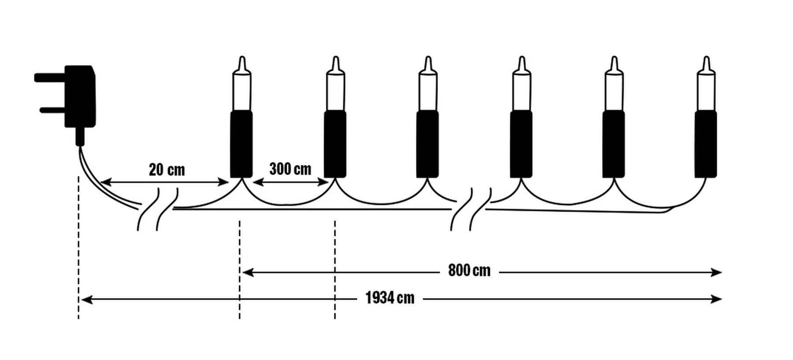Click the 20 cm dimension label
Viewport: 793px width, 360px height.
(167, 170)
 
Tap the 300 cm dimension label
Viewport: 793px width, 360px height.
(290, 169)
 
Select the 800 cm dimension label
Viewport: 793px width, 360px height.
(469, 270)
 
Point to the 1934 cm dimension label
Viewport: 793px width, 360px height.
(390, 298)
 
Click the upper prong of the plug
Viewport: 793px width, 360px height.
(50, 78)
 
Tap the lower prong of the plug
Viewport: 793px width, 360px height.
(52, 110)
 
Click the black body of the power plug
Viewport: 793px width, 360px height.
(80, 96)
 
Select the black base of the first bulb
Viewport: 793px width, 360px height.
(241, 144)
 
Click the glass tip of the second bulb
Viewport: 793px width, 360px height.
(336, 63)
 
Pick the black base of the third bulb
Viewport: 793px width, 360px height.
(427, 144)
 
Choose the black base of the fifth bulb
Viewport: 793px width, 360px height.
(613, 144)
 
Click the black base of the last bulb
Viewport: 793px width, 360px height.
(706, 144)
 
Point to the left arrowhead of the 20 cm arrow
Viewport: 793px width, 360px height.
(106, 182)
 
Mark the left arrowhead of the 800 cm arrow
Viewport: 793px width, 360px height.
(248, 272)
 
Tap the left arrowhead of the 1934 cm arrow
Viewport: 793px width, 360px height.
(87, 300)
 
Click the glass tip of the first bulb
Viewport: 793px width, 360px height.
(242, 63)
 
